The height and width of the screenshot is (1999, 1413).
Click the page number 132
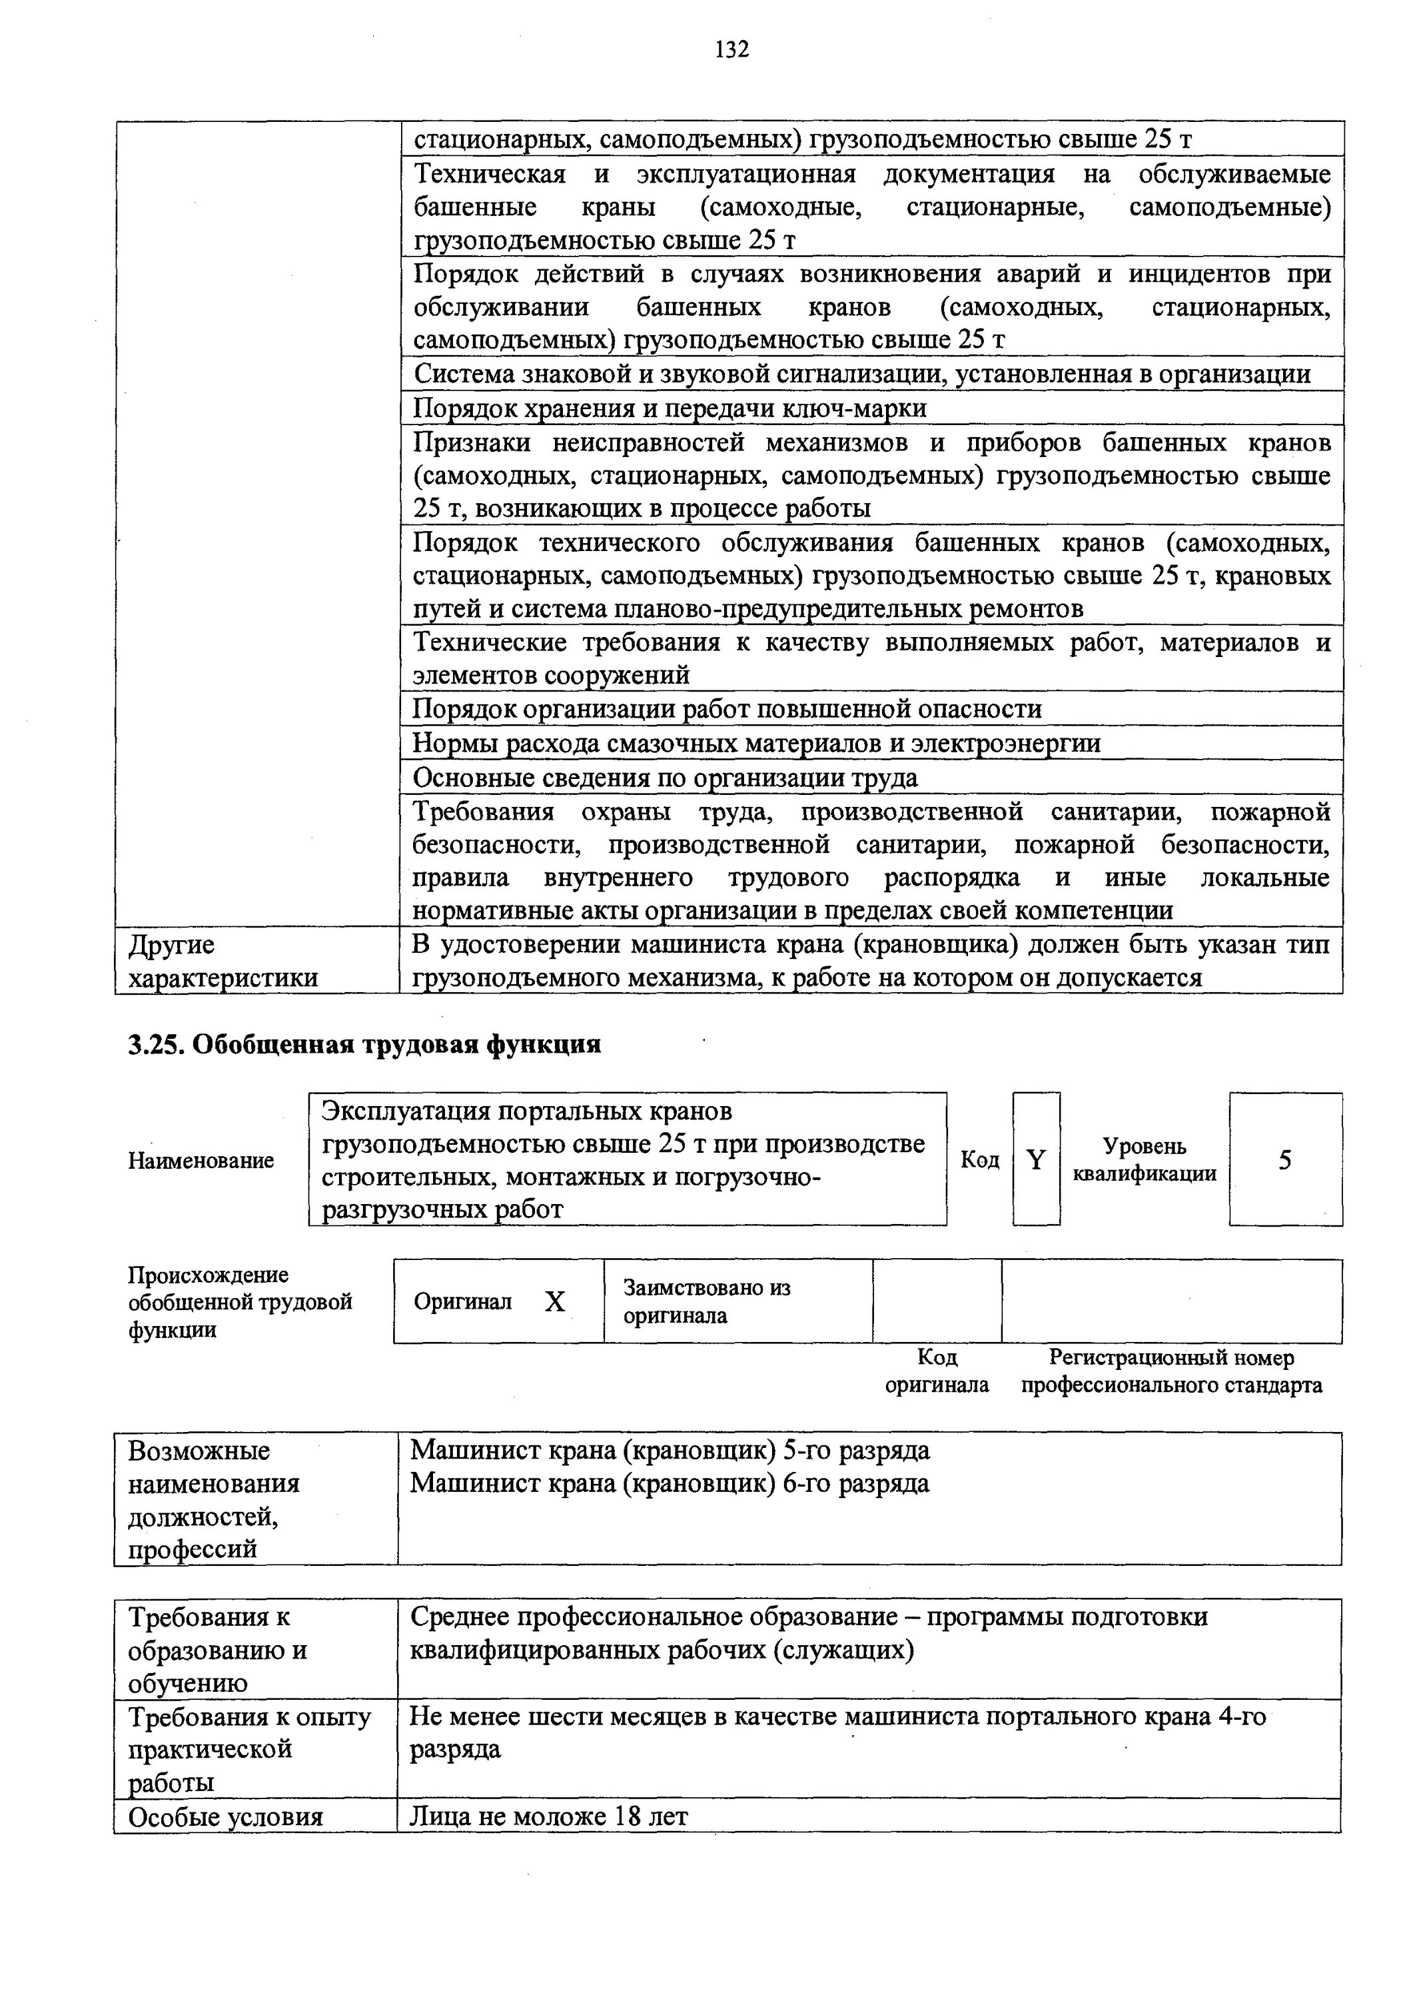(x=731, y=49)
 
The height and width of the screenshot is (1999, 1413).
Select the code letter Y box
(x=1036, y=1159)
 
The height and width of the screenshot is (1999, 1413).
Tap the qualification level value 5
(x=1285, y=1159)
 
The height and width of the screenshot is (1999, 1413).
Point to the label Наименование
(x=201, y=1161)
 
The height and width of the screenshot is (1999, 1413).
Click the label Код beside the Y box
(x=979, y=1159)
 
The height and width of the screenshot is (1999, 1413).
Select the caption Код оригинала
(x=937, y=1371)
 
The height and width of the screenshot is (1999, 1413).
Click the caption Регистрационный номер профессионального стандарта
(x=1171, y=1371)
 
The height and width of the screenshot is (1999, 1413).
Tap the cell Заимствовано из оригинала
(x=707, y=1301)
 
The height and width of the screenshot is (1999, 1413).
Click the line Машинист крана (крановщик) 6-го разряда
(x=670, y=1483)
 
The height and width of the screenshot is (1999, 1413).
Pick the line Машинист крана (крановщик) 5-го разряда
(x=670, y=1451)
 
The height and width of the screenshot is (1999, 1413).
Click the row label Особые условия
(x=225, y=1817)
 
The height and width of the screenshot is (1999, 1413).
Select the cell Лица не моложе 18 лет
(x=550, y=1817)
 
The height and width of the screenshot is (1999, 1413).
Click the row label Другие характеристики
(x=223, y=962)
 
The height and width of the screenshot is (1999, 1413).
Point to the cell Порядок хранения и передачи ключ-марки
(x=670, y=408)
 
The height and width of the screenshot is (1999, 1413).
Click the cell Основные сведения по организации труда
(x=665, y=778)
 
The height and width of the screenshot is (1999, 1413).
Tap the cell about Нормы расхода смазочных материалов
(x=755, y=744)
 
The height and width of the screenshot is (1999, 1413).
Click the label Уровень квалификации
(x=1144, y=1159)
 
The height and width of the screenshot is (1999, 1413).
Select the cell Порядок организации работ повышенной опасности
(x=727, y=710)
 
